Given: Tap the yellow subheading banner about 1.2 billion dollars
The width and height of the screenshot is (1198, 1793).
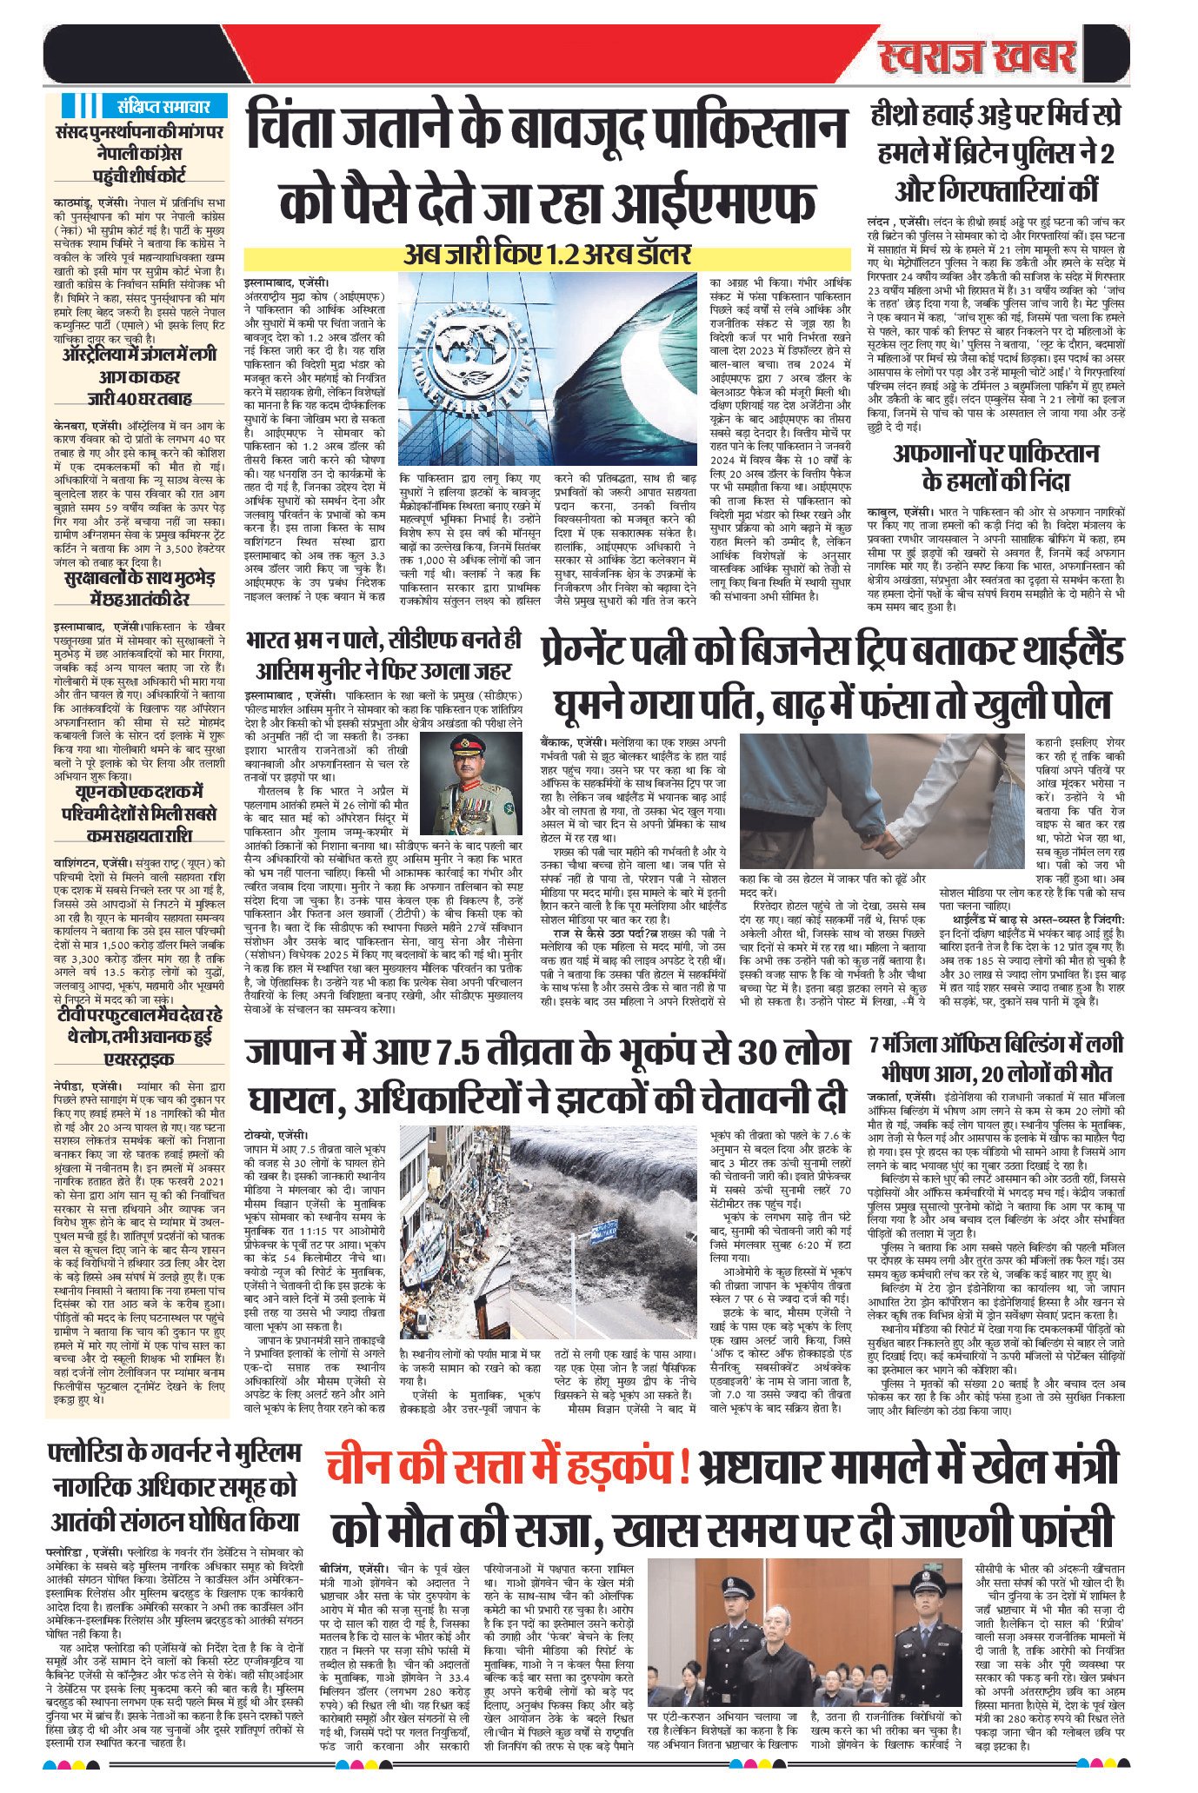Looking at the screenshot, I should [546, 256].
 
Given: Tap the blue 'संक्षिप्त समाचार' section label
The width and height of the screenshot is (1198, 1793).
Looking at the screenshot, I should [163, 107].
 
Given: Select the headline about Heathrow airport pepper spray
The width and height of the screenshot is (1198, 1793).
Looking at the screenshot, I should [995, 153].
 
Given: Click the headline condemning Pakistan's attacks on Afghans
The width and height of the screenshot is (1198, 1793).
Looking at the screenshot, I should [995, 467].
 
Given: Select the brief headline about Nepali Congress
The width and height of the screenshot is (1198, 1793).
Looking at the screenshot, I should [139, 153].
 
